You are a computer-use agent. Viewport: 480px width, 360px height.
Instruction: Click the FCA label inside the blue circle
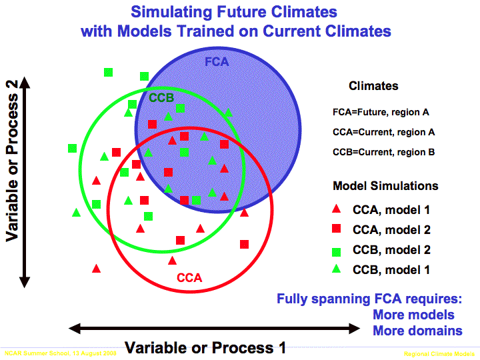[217, 62]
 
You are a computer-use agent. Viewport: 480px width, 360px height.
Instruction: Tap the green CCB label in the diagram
[161, 98]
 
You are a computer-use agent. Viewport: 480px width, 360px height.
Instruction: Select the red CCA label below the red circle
[189, 278]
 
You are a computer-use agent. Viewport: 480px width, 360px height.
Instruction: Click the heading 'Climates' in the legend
[373, 86]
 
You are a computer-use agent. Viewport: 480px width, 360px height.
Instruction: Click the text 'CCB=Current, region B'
[383, 152]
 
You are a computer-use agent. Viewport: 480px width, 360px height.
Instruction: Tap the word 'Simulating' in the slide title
[168, 12]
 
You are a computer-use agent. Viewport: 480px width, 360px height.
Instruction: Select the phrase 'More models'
[413, 315]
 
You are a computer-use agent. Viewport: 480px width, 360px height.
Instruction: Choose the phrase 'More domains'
[417, 331]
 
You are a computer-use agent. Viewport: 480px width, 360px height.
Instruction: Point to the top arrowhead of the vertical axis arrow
[25, 81]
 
